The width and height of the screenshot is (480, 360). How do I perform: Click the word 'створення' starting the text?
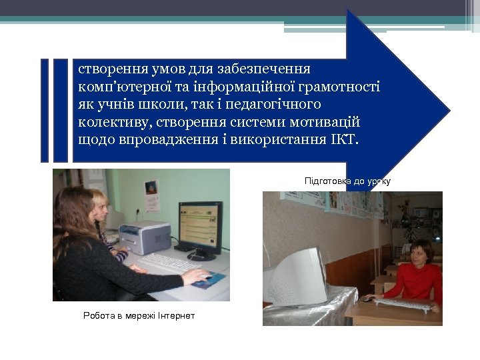105,69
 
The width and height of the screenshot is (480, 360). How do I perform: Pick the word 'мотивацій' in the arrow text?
328,123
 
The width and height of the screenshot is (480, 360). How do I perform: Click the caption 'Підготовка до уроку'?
347,181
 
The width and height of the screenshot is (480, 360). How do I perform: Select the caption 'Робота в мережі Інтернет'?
139,315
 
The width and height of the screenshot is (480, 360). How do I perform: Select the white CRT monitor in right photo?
297,275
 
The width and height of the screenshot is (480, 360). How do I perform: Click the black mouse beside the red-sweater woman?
367,299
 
